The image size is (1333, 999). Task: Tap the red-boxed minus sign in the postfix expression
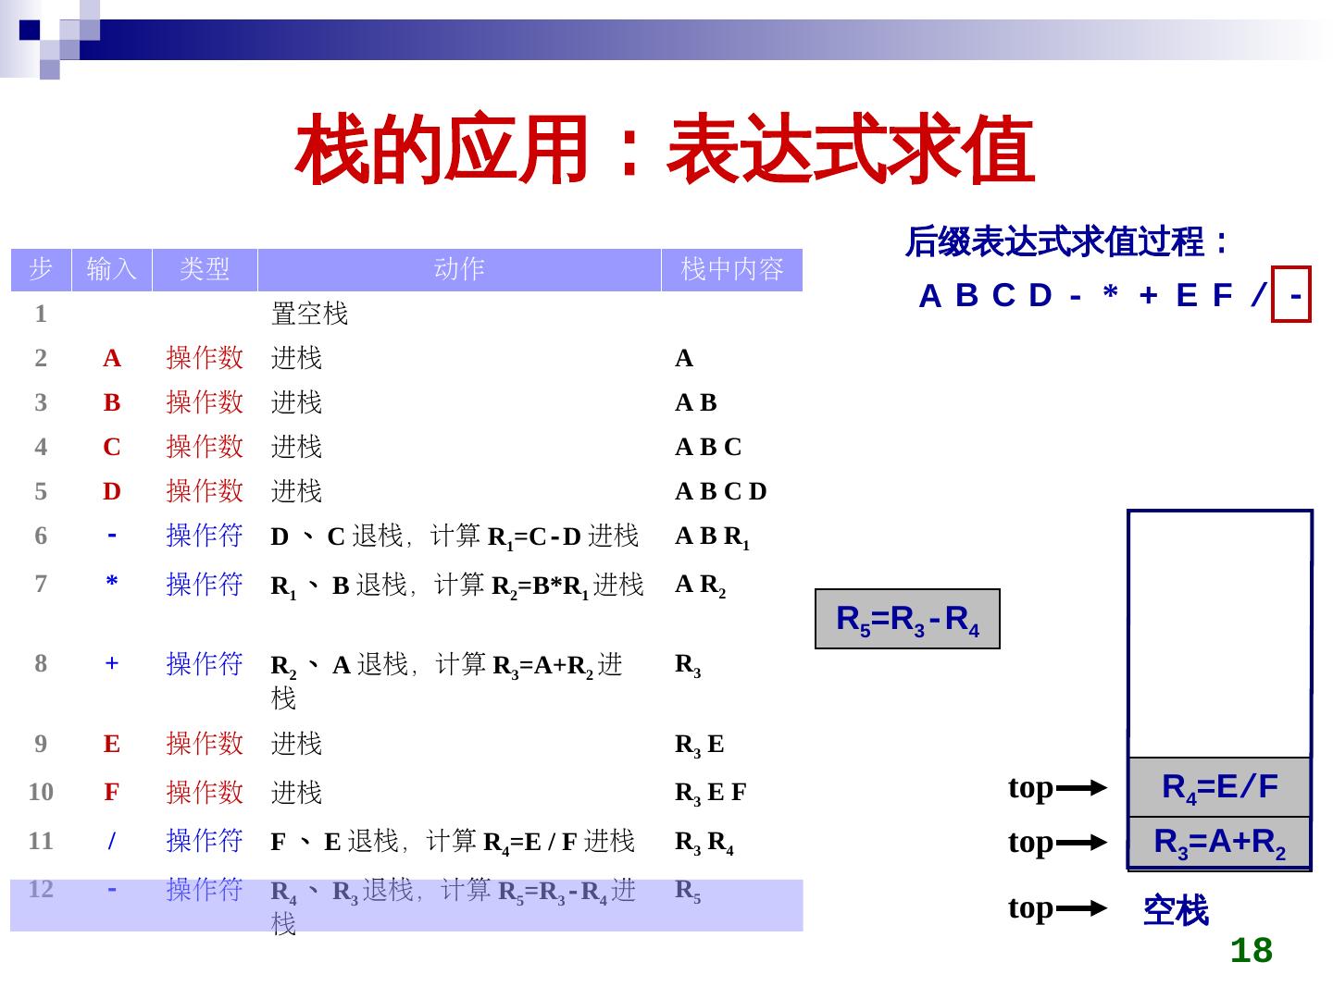pyautogui.click(x=1292, y=295)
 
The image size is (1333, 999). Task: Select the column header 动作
pyautogui.click(x=459, y=269)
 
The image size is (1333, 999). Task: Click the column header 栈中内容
pyautogui.click(x=731, y=269)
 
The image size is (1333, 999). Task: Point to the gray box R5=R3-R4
pyautogui.click(x=907, y=619)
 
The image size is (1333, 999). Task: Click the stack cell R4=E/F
pyautogui.click(x=1220, y=787)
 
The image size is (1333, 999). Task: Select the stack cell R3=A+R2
pyautogui.click(x=1220, y=843)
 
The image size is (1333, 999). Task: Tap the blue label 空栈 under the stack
pyautogui.click(x=1176, y=911)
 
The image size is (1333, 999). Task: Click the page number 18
pyautogui.click(x=1252, y=950)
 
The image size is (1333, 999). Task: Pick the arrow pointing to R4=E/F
pyautogui.click(x=1081, y=788)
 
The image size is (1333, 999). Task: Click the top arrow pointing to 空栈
pyautogui.click(x=1081, y=909)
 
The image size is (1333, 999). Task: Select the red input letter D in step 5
pyautogui.click(x=112, y=491)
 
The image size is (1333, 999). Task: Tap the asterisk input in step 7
pyautogui.click(x=112, y=584)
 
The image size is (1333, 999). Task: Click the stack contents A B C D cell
pyautogui.click(x=721, y=491)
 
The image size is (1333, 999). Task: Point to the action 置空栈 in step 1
pyautogui.click(x=309, y=314)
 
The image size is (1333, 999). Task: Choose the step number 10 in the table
pyautogui.click(x=41, y=792)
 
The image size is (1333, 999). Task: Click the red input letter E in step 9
pyautogui.click(x=112, y=744)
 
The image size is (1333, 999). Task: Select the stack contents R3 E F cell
pyautogui.click(x=710, y=793)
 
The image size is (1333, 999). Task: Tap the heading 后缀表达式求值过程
pyautogui.click(x=1066, y=242)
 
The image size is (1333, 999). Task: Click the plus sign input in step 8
pyautogui.click(x=112, y=663)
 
